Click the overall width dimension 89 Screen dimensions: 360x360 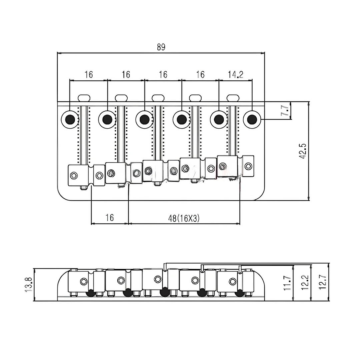161,47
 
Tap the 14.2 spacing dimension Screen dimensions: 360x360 235,75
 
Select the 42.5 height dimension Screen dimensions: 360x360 303,151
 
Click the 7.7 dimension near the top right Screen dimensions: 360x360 285,110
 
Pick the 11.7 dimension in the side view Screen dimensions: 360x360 287,282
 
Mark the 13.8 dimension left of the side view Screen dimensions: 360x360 28,284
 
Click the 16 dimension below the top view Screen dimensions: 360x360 110,218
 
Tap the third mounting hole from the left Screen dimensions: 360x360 144,119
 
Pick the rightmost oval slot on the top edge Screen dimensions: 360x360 233,98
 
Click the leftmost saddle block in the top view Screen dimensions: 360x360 79,175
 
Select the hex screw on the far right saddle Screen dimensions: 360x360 248,166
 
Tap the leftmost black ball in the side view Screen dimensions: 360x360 90,293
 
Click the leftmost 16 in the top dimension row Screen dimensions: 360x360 88,75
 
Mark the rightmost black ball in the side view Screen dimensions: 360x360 239,293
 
